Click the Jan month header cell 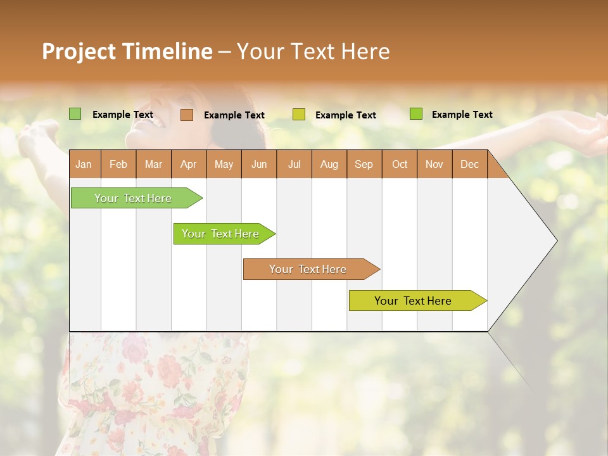[84, 164]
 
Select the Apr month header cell [189, 164]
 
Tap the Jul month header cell [294, 164]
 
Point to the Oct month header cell [400, 164]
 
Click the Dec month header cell [470, 164]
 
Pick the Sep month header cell [364, 164]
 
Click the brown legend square [187, 115]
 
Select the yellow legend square [299, 115]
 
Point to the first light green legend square [75, 114]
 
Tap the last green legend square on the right [416, 114]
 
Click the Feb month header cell [118, 164]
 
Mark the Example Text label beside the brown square [234, 115]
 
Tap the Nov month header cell [434, 164]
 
